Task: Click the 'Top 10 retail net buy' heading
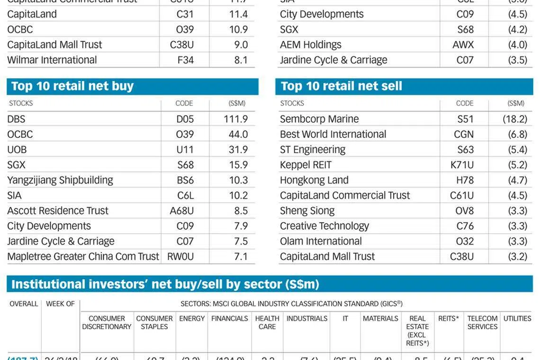72,86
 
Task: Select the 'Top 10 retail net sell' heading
341,86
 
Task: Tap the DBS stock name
16,119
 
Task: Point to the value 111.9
236,119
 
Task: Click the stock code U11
185,150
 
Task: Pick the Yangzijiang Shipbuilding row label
60,180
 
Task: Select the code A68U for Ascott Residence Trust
182,211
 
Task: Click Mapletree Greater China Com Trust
83,256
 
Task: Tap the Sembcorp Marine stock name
319,119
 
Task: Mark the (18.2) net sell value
515,119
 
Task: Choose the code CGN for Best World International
464,134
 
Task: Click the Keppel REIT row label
306,165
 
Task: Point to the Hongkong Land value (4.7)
517,180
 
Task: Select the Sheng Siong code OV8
465,211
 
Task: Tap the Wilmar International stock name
52,60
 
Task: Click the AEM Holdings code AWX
463,45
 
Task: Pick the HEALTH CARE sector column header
267,323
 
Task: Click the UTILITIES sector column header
517,319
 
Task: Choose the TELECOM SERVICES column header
482,323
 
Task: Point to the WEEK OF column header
60,304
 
